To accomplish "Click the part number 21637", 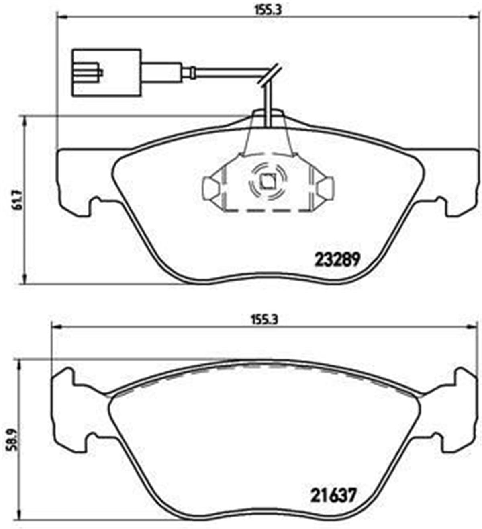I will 334,496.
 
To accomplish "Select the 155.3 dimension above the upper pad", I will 266,11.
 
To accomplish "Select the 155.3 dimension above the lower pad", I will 266,320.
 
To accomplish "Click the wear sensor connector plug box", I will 106,73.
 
